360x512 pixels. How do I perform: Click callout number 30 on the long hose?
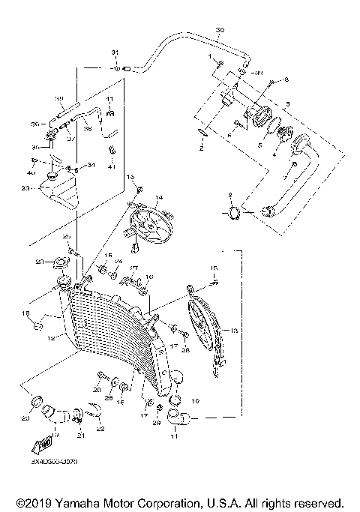coord(219,31)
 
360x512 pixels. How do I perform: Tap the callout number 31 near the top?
coord(115,51)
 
